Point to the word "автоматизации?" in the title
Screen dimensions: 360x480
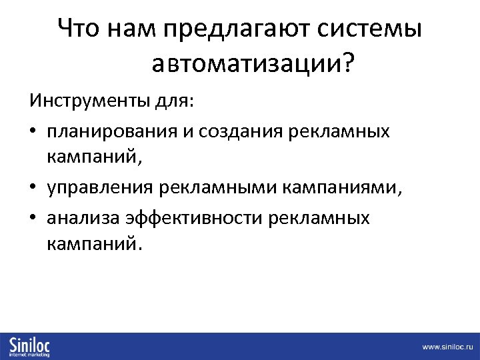pos(253,64)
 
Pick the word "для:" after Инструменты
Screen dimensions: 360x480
pos(175,102)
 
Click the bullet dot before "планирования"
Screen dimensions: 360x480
pos(33,132)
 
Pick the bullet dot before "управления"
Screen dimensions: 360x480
pos(33,189)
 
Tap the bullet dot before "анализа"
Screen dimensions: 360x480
pos(33,218)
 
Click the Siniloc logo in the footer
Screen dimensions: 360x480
pos(30,346)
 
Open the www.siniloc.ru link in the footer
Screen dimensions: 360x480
pos(447,347)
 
